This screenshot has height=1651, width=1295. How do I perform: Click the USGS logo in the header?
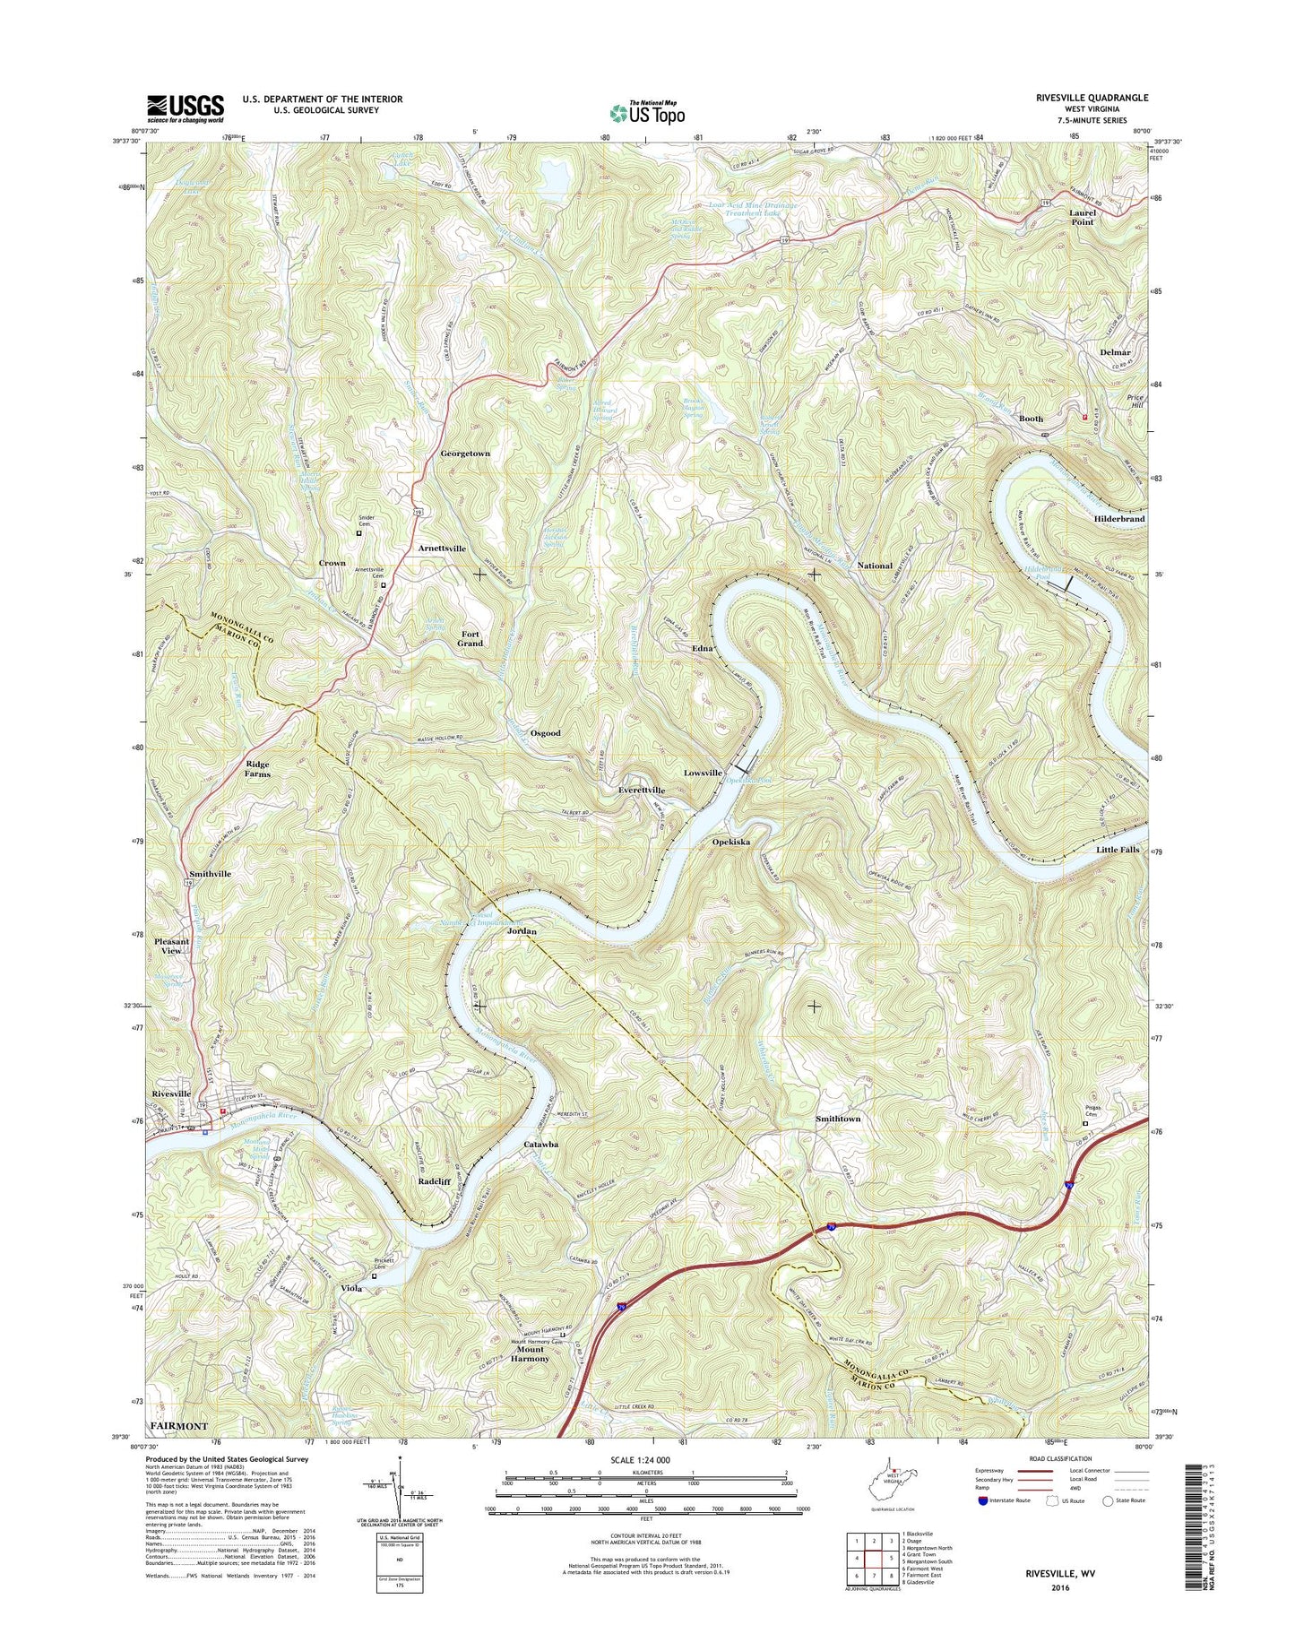(x=185, y=108)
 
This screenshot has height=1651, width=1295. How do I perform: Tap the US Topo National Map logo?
(x=647, y=112)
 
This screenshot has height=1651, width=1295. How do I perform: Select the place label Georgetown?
(x=464, y=454)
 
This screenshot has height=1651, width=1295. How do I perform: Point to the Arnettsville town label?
(x=442, y=548)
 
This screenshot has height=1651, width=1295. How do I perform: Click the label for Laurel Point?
(x=1083, y=217)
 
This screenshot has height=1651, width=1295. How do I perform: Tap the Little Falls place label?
(x=1118, y=849)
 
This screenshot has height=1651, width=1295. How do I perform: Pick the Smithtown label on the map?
(x=838, y=1119)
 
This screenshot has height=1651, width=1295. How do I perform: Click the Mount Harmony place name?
(x=530, y=1353)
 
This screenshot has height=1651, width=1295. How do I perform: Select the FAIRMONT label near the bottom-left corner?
(x=178, y=1426)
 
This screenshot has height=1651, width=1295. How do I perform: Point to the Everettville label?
(x=642, y=790)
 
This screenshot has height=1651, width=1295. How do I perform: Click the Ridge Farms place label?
(x=257, y=769)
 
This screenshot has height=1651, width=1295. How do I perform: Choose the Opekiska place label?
(x=730, y=843)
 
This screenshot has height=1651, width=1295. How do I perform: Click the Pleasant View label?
(x=171, y=947)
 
